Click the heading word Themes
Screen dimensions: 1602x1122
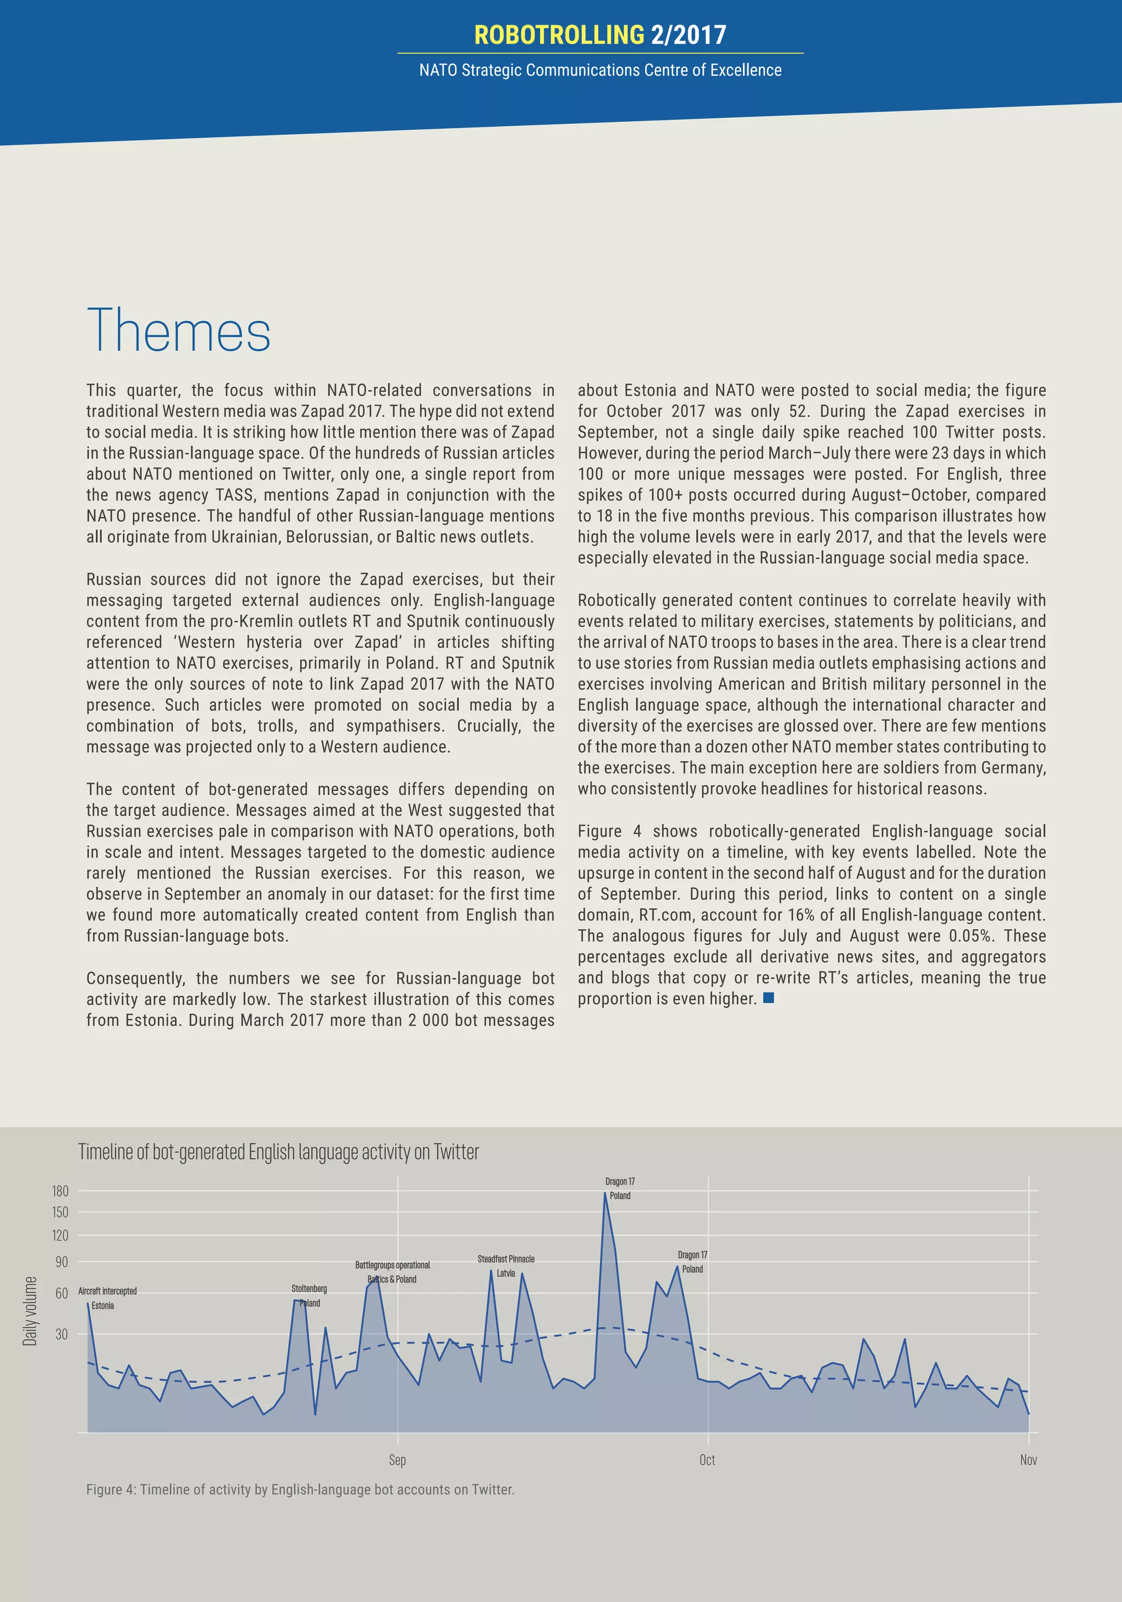coord(179,331)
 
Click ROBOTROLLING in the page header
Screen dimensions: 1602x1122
coord(559,35)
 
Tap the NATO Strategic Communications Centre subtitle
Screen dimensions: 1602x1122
coord(600,71)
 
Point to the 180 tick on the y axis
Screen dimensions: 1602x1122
coord(60,1191)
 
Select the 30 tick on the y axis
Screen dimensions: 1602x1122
coord(61,1334)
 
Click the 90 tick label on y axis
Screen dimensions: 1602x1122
coord(61,1262)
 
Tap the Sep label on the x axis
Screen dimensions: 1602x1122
coord(397,1460)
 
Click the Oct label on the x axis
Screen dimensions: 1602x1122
coord(707,1460)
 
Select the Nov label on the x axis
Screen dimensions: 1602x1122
coord(1028,1460)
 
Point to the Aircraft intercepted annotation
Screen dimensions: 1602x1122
coord(107,1291)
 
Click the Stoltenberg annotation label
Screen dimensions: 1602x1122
coord(309,1289)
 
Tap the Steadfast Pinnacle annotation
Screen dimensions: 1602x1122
coord(506,1258)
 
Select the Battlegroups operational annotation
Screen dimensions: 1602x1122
coord(392,1265)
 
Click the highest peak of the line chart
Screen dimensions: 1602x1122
coord(605,1193)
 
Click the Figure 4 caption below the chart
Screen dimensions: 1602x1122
coord(300,1490)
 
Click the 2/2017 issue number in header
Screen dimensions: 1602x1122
coord(688,35)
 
